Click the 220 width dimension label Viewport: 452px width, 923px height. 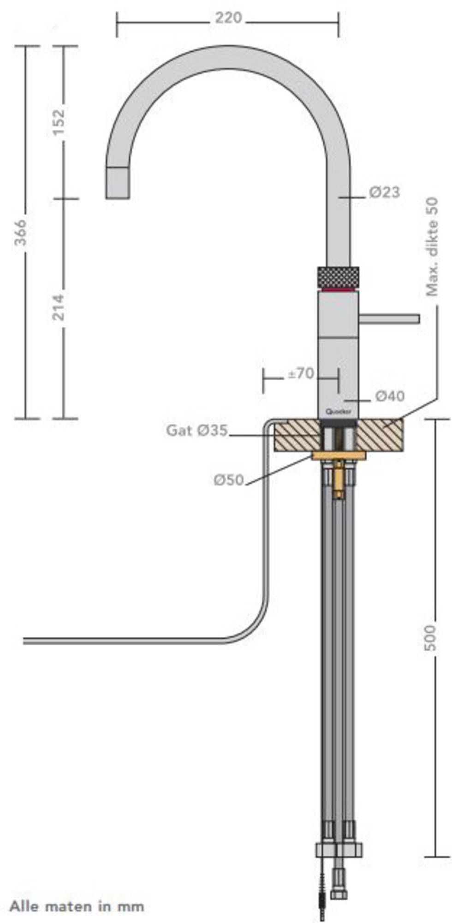tap(228, 18)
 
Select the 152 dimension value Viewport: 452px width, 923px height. tap(59, 122)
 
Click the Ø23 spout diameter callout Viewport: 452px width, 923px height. tap(384, 192)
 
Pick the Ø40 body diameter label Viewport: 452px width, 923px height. tap(390, 396)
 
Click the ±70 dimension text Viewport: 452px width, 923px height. tap(300, 373)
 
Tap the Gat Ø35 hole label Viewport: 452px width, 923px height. tap(197, 431)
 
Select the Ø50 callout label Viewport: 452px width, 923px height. tap(228, 480)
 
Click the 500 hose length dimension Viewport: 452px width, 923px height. tap(430, 638)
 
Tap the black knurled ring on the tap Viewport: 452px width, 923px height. tap(338, 277)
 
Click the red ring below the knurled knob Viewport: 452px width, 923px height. tap(338, 290)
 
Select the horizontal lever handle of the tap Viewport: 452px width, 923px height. tap(390, 318)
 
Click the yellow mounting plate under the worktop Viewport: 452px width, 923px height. tap(339, 456)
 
